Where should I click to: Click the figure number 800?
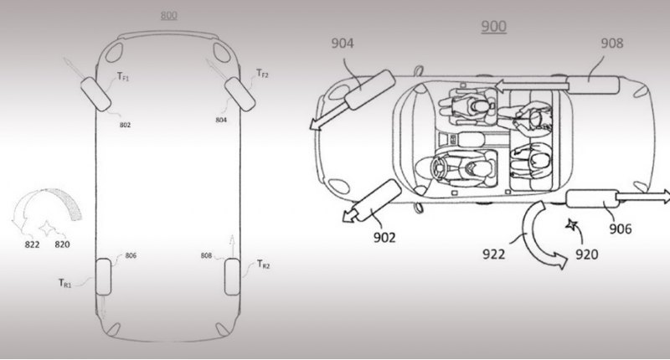coord(169,15)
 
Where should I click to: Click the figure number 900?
coord(494,27)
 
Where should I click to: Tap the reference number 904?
coord(343,44)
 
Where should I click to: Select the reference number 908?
coord(612,44)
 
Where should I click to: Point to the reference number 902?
coord(384,237)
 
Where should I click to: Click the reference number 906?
coord(620,229)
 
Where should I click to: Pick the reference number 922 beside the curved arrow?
coord(493,254)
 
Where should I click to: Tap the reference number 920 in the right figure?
coord(587,255)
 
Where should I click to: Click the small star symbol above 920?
coord(571,224)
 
